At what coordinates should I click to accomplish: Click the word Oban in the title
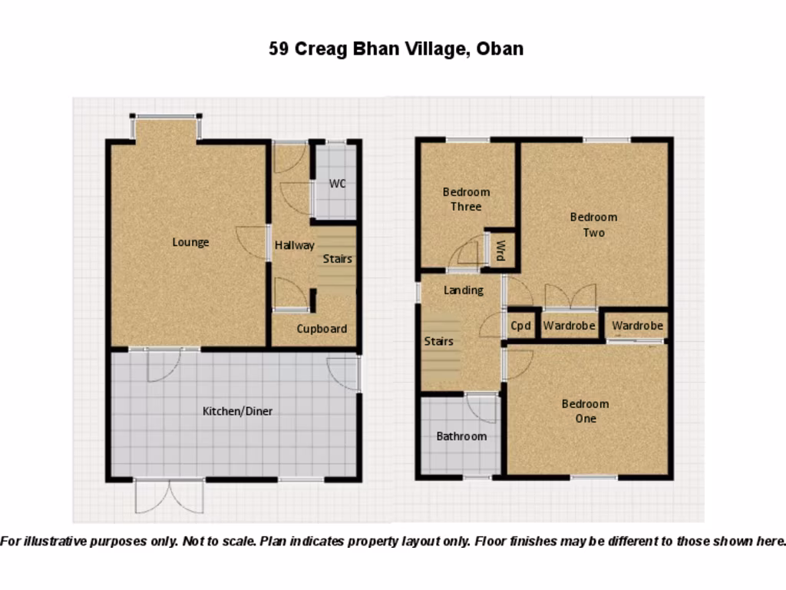(500, 49)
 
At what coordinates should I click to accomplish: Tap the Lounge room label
(190, 242)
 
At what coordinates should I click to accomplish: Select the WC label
(337, 184)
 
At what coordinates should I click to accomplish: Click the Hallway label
(295, 246)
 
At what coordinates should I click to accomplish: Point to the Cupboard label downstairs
(322, 329)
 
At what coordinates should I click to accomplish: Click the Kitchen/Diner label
(237, 411)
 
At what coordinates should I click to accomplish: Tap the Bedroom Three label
(466, 199)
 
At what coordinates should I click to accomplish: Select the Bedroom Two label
(593, 224)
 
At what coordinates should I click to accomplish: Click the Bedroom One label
(585, 411)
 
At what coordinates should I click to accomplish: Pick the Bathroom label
(461, 436)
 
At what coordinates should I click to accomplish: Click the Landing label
(464, 290)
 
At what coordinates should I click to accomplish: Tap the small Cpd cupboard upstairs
(521, 326)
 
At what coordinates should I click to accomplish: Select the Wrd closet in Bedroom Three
(500, 250)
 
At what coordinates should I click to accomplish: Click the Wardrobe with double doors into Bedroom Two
(569, 326)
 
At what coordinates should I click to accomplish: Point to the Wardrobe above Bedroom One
(637, 326)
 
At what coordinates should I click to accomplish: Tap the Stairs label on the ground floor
(337, 259)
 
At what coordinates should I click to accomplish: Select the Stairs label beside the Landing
(438, 341)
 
